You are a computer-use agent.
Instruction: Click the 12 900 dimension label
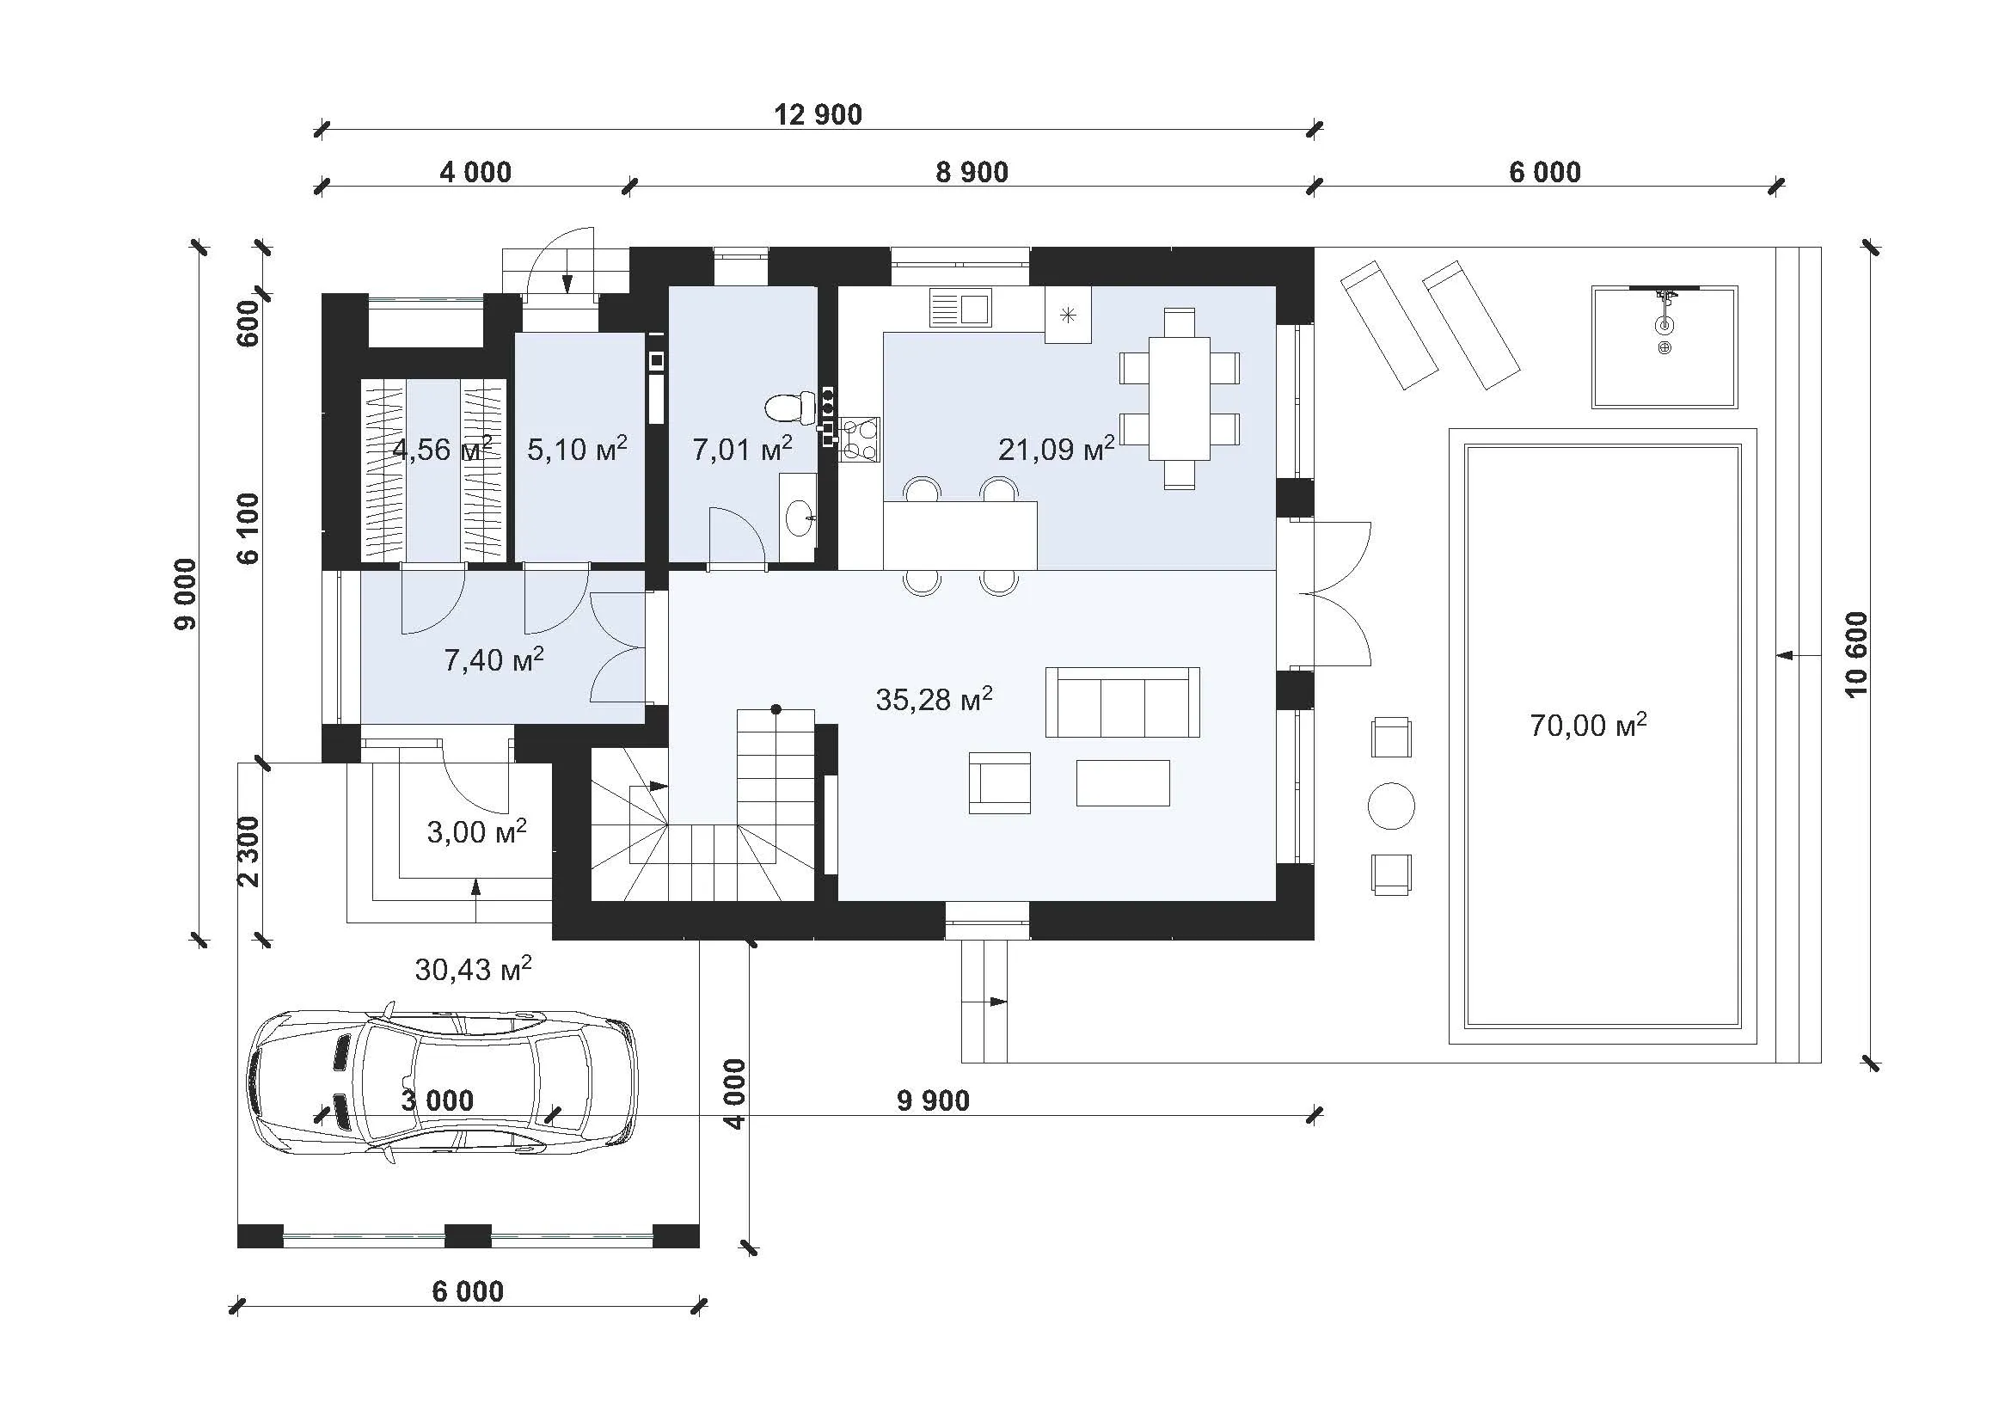(x=818, y=114)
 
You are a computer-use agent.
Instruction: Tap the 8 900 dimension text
(x=972, y=173)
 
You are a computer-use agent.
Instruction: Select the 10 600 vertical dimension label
(x=1856, y=654)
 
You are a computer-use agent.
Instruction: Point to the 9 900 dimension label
(x=934, y=1100)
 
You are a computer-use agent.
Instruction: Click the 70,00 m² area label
(x=1588, y=724)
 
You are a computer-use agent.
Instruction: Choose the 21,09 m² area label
(x=1057, y=448)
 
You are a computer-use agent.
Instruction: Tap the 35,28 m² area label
(x=934, y=698)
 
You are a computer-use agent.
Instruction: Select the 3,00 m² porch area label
(x=476, y=831)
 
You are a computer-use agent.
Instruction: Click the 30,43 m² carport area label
(x=473, y=968)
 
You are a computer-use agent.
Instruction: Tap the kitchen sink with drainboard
(x=961, y=309)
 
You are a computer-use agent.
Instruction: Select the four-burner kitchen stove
(x=859, y=439)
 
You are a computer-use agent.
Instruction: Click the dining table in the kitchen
(x=1179, y=397)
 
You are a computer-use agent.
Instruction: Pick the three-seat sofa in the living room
(x=1122, y=702)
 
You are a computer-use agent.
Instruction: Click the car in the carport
(x=442, y=1088)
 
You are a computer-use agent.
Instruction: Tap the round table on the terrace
(x=1391, y=806)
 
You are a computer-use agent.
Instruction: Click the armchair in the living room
(x=999, y=783)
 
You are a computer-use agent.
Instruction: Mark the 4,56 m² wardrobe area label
(x=442, y=449)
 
